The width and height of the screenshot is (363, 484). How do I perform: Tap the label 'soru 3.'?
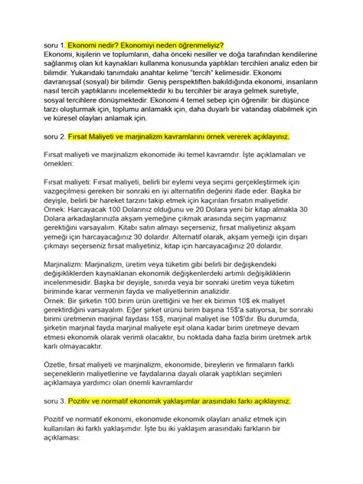pyautogui.click(x=57, y=401)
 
